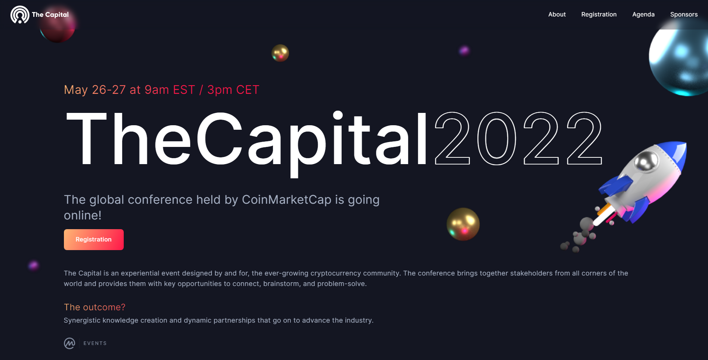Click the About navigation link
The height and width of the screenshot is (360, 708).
pos(557,15)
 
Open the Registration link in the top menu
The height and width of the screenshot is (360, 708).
pos(599,15)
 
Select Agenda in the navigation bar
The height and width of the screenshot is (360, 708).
pos(643,15)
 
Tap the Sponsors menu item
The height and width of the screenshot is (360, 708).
pos(684,15)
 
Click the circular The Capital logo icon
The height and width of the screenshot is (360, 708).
pos(20,15)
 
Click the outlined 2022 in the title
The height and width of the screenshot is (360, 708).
pos(518,138)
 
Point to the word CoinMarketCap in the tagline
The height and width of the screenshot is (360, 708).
pos(287,200)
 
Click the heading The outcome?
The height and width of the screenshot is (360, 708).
pos(95,307)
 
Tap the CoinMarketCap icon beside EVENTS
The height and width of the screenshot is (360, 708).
pos(70,343)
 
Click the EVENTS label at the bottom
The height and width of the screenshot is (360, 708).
pos(95,343)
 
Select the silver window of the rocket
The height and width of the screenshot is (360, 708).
pos(646,161)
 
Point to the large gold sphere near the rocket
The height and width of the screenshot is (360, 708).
pos(463,224)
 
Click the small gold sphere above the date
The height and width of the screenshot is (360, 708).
pos(280,53)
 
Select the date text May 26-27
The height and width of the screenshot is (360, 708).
pos(95,90)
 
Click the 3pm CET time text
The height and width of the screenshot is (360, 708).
pos(233,90)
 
